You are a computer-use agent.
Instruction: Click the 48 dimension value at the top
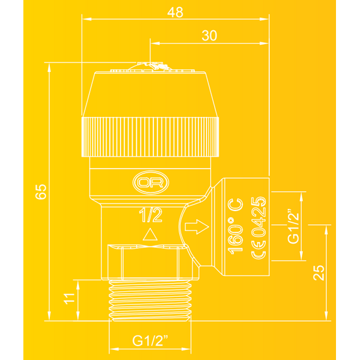tap(175, 12)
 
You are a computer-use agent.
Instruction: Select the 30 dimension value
tap(210, 35)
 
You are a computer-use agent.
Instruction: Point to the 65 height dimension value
tap(41, 191)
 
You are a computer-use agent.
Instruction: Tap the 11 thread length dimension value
tap(69, 299)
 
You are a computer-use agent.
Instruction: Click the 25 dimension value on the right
tap(319, 272)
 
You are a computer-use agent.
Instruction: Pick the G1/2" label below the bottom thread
tap(150, 340)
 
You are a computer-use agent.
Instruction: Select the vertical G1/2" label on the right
tap(294, 226)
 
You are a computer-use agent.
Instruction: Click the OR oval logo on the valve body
tap(151, 183)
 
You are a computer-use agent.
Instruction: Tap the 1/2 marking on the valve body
tap(150, 215)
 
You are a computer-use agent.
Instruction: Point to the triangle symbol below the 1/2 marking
tap(150, 234)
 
